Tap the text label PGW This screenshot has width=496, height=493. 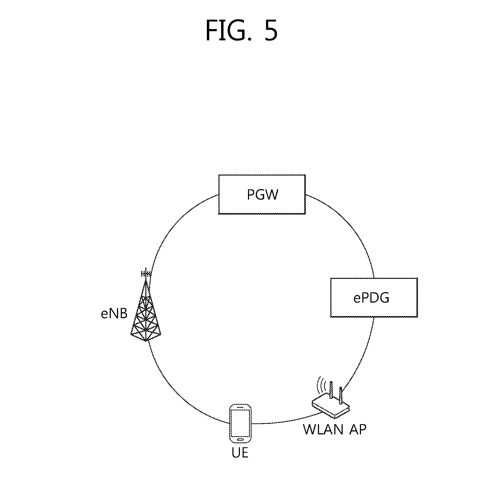[262, 195]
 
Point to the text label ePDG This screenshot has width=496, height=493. [371, 298]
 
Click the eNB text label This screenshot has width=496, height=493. [114, 314]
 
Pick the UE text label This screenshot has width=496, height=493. [240, 453]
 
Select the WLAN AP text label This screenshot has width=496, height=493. [335, 430]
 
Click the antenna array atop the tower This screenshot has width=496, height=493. [146, 274]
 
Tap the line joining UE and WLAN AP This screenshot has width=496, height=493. [285, 421]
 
